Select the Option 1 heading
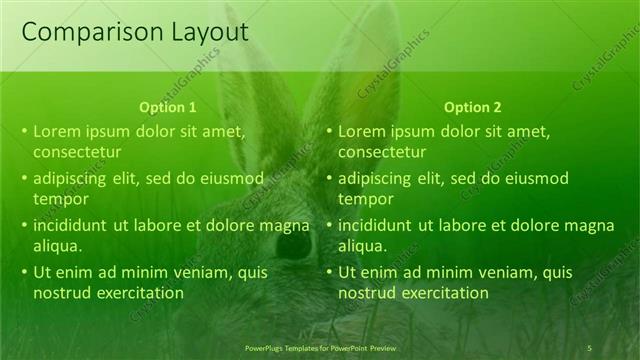(167, 107)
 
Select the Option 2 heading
(472, 107)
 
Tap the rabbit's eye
(294, 243)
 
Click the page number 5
(590, 347)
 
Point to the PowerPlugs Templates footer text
(320, 347)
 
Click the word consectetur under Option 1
(77, 152)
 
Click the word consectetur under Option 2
(382, 152)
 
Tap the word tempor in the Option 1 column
(61, 199)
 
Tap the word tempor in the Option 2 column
(366, 199)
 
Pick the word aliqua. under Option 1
(58, 246)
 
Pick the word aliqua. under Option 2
(363, 246)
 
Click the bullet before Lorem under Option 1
(25, 131)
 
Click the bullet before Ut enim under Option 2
(330, 272)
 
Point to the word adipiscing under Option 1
(71, 178)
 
